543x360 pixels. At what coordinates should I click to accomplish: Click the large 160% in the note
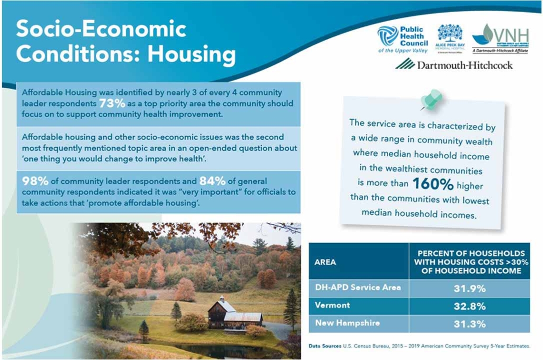pos(433,184)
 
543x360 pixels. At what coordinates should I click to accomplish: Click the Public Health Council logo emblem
pos(387,36)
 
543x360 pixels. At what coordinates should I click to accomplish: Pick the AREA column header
pos(325,262)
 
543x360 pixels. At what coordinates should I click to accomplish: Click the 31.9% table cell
pos(469,288)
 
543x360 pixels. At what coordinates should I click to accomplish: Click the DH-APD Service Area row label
pos(357,288)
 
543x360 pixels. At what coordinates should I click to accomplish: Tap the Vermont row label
pos(333,306)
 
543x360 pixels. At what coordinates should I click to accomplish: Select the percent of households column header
pos(469,262)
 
